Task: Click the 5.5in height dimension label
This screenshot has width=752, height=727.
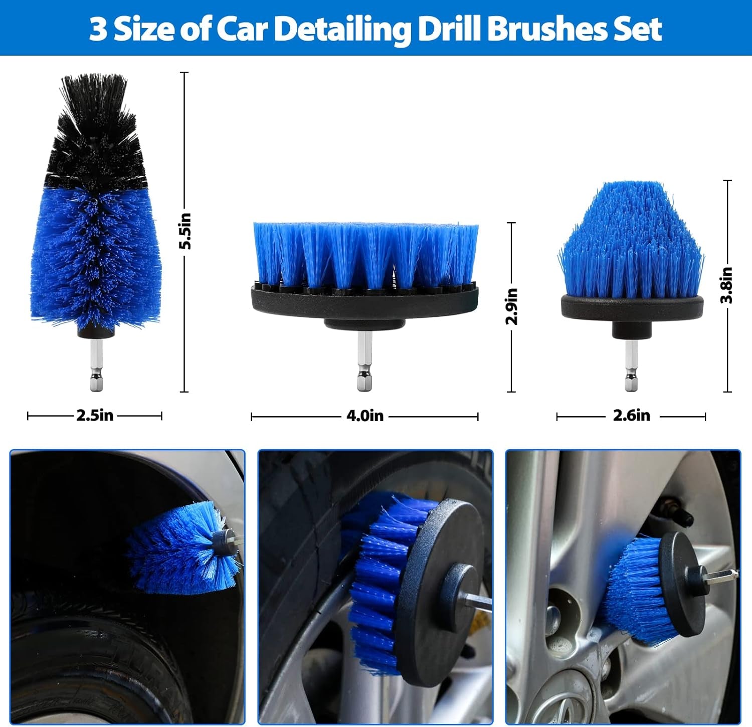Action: click(185, 231)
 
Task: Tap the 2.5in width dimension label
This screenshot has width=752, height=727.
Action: click(95, 415)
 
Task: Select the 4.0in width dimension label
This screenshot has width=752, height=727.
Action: click(364, 416)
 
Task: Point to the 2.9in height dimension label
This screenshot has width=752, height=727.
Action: click(511, 306)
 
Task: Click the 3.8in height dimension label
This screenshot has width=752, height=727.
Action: click(727, 285)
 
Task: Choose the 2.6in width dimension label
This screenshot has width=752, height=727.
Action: click(631, 415)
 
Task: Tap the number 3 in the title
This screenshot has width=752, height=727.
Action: click(98, 29)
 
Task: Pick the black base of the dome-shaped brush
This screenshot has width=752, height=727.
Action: click(632, 308)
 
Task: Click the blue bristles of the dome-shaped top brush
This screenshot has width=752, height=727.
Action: click(632, 241)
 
